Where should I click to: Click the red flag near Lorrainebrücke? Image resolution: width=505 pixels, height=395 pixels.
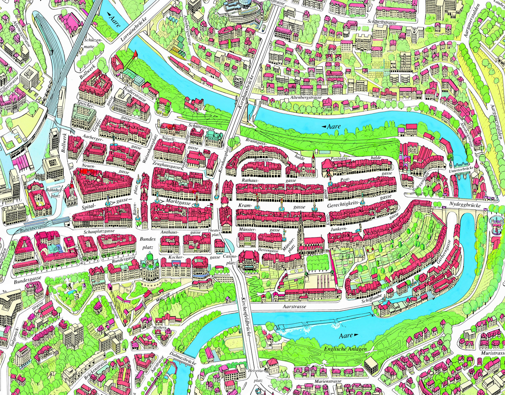tap(135, 53)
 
